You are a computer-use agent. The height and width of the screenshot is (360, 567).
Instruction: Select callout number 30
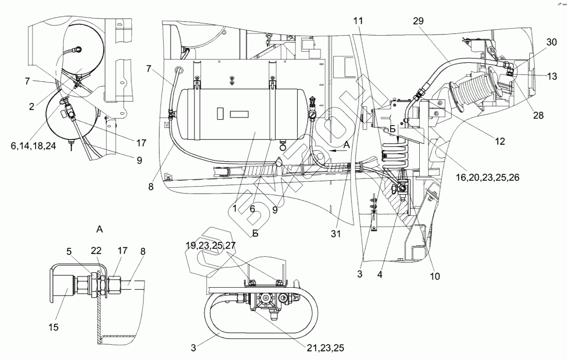[551, 43]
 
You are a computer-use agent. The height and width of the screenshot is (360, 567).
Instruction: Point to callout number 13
[551, 77]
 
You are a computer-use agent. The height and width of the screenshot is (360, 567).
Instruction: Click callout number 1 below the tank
[234, 208]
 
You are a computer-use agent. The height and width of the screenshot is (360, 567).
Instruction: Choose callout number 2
[32, 106]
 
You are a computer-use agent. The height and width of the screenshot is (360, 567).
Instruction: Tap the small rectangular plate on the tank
[237, 114]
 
